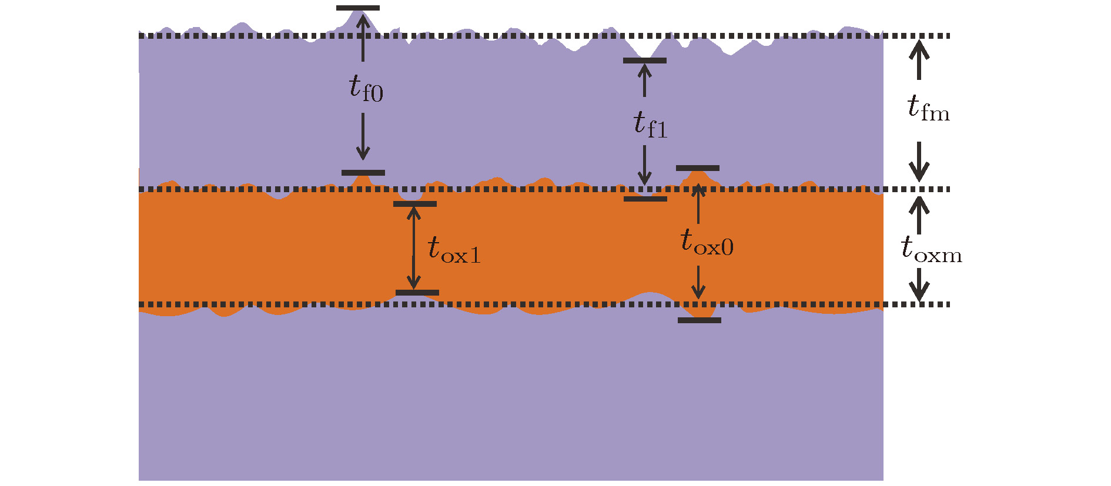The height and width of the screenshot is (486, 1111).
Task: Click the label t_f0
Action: coord(366,88)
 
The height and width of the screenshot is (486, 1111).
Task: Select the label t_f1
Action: coord(650,125)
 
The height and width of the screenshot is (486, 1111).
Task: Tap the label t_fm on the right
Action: coord(928,108)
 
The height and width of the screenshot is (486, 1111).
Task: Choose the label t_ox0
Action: coord(707,242)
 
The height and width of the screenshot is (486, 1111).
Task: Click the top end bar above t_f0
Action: coord(358,8)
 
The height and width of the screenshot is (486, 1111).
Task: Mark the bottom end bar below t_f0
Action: coord(363,173)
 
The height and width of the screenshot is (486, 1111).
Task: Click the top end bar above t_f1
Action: coord(645,61)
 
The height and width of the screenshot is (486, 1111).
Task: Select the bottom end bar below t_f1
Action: coord(645,199)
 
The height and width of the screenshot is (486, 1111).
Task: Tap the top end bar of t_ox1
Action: coord(415,204)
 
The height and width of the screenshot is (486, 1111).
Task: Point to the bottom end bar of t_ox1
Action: coord(417,293)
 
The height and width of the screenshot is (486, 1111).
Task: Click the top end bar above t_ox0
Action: coord(698,168)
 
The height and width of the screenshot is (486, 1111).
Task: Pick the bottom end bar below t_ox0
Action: coord(700,320)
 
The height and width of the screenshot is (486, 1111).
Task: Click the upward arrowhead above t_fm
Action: coord(919,48)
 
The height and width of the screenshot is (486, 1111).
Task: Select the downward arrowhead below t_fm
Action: coord(919,171)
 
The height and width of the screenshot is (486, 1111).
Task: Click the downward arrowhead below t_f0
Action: coord(363,153)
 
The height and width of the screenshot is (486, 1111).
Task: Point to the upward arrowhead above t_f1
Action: coord(645,71)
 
